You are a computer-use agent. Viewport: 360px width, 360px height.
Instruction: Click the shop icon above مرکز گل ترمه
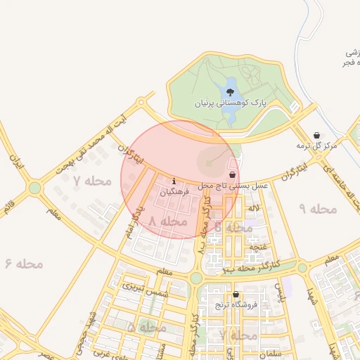click(316, 135)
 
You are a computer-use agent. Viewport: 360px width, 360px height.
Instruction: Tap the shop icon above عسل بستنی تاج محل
click(233, 174)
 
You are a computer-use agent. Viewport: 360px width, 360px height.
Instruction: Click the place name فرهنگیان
click(174, 191)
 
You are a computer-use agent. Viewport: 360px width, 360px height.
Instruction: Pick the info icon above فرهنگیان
click(174, 181)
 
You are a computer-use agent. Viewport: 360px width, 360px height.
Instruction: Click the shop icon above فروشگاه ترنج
click(235, 295)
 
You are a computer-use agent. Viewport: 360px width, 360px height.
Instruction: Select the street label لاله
click(254, 208)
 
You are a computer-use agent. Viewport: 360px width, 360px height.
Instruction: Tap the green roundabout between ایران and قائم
click(34, 188)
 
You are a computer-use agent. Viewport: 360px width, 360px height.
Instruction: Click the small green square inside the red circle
click(208, 164)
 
